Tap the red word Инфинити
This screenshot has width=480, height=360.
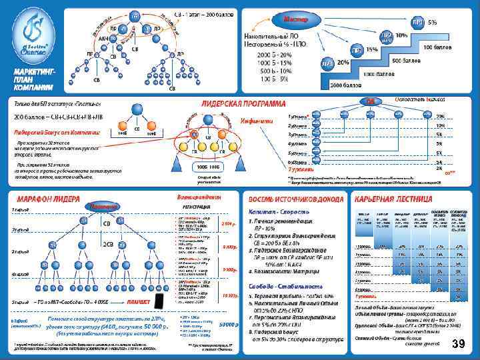pyautogui.click(x=257, y=121)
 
